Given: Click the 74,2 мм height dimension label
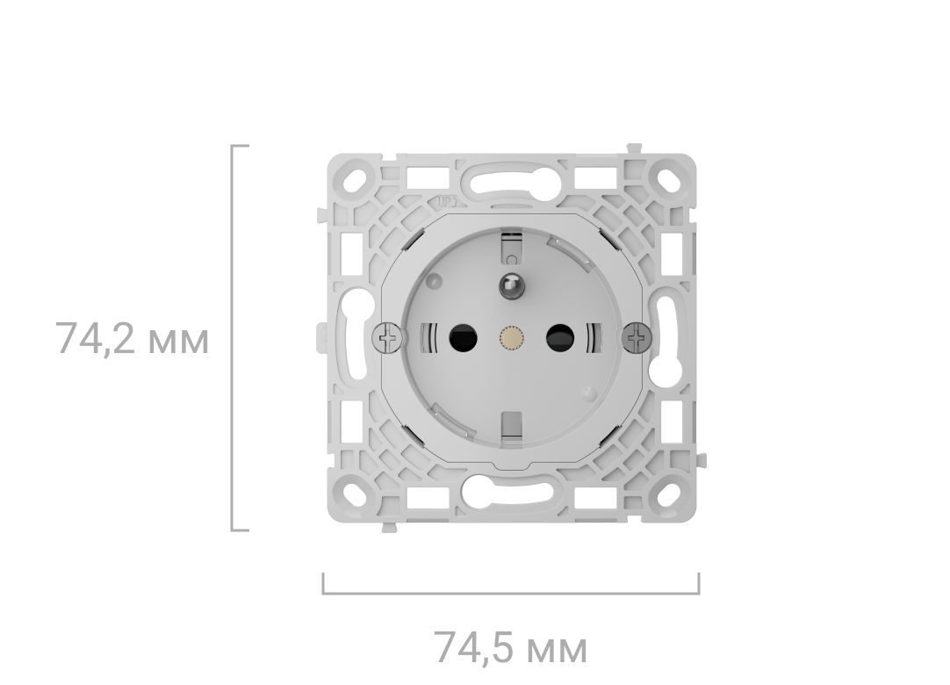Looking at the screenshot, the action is (132, 338).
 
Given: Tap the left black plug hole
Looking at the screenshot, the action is (463, 337).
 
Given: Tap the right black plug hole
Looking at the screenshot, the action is (560, 337).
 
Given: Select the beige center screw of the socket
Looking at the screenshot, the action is (511, 337).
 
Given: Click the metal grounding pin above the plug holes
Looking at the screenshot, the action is (511, 286).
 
